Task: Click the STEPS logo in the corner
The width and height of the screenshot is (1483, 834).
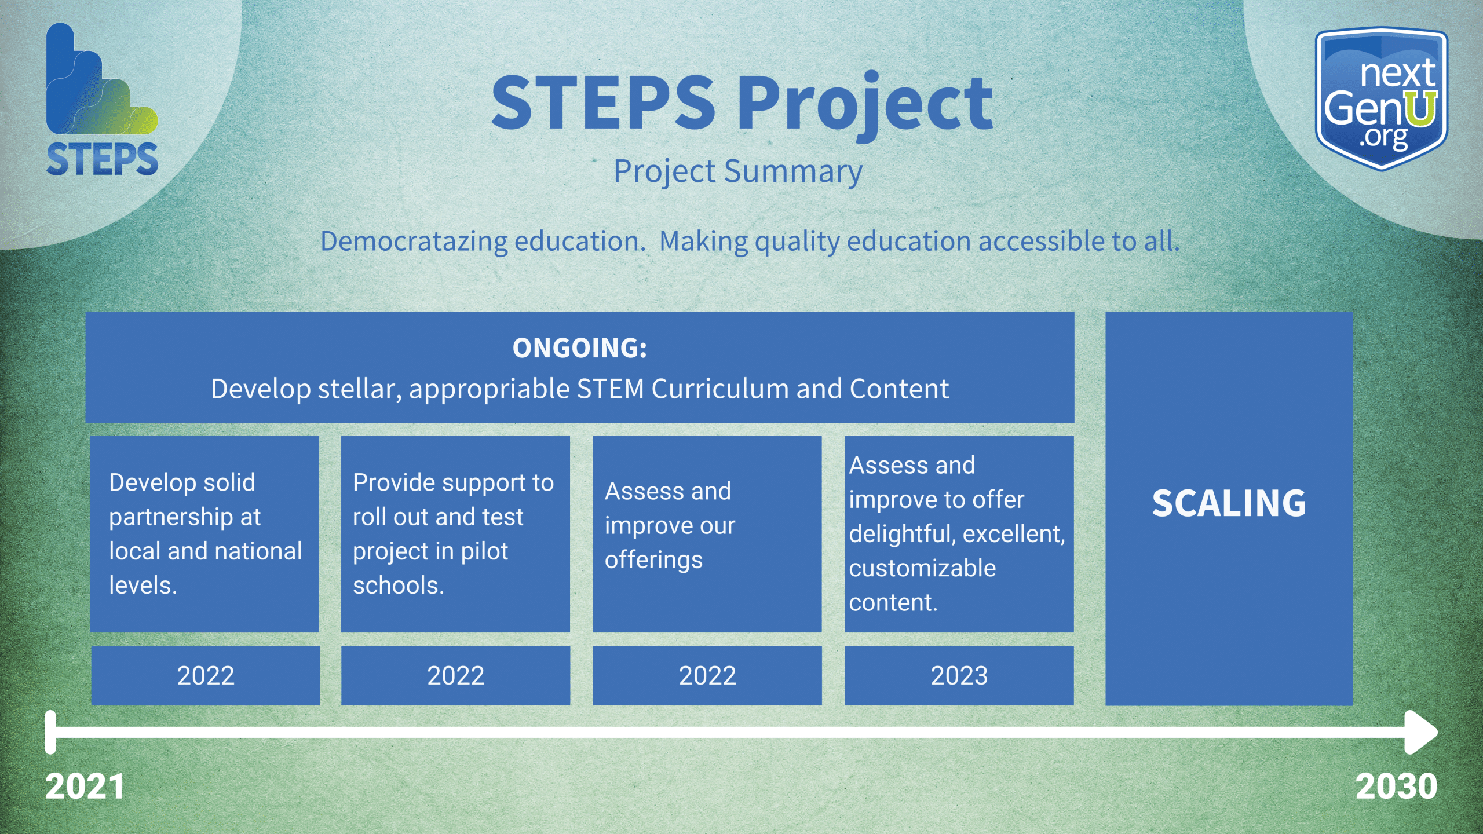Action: pyautogui.click(x=102, y=100)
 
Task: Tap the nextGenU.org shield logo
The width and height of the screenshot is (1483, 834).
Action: pyautogui.click(x=1382, y=98)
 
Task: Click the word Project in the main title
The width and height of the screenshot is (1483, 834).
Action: pyautogui.click(x=864, y=104)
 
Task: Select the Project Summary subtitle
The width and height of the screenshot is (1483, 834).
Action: pyautogui.click(x=738, y=172)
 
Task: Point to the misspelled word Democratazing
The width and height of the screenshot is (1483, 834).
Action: pyautogui.click(x=414, y=242)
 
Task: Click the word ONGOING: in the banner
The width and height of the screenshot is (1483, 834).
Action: pyautogui.click(x=580, y=348)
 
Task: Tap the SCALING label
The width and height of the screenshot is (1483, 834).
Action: pyautogui.click(x=1229, y=503)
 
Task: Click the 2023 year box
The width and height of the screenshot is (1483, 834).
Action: pyautogui.click(x=959, y=675)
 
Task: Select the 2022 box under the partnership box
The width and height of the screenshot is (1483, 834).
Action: pyautogui.click(x=206, y=675)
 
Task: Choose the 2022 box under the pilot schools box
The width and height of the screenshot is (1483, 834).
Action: pyautogui.click(x=456, y=675)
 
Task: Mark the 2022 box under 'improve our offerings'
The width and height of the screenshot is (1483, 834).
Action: pyautogui.click(x=707, y=675)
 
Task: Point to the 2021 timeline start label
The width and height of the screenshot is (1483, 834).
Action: pyautogui.click(x=85, y=787)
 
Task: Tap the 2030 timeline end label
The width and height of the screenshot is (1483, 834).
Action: pyautogui.click(x=1396, y=787)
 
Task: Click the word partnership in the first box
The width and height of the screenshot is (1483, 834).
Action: pyautogui.click(x=185, y=517)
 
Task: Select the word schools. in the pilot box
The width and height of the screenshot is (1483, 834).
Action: pyautogui.click(x=399, y=586)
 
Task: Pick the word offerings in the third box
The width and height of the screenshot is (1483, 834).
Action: pyautogui.click(x=654, y=561)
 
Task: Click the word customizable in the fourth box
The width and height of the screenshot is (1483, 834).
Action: pyautogui.click(x=923, y=568)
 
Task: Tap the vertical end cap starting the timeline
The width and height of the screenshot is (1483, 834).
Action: pyautogui.click(x=50, y=732)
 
